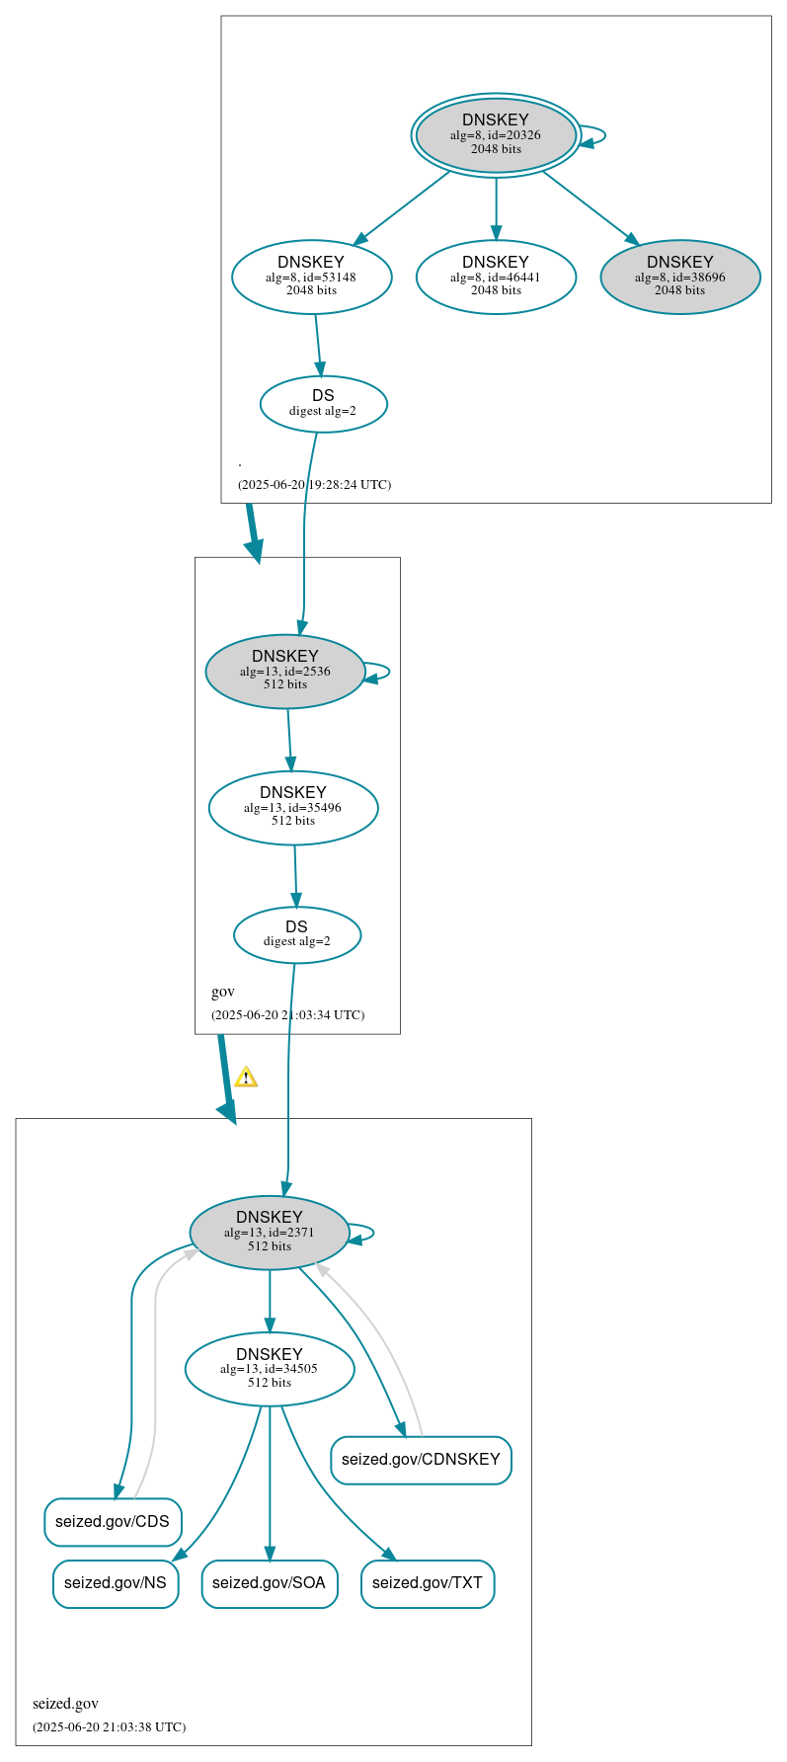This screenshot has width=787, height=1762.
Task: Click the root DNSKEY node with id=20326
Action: [496, 135]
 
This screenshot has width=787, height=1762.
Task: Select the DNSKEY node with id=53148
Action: [311, 277]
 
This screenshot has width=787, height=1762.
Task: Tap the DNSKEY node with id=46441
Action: [496, 277]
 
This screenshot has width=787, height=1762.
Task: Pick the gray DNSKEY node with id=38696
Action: [679, 277]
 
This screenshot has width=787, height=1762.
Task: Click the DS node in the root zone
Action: [323, 403]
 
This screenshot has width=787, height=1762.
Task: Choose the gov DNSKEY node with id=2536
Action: [284, 671]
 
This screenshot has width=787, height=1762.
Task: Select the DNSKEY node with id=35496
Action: [293, 807]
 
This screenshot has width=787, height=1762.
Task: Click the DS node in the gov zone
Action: [296, 934]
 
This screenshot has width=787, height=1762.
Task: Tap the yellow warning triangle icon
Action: [246, 1077]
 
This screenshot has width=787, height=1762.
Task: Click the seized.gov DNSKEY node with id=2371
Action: [269, 1232]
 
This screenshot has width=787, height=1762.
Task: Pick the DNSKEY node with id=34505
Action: [269, 1368]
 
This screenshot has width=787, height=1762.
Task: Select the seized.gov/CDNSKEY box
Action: [421, 1459]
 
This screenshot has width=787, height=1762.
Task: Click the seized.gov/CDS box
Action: [113, 1521]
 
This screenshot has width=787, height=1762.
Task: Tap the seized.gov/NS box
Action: [116, 1582]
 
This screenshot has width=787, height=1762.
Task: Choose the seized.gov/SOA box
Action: [269, 1582]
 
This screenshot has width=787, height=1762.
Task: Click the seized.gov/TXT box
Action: [428, 1582]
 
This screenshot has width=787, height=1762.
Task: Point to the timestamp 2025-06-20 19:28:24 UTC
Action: [314, 484]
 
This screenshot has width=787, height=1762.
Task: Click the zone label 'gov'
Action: [223, 992]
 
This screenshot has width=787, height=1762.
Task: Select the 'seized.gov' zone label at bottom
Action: [65, 1703]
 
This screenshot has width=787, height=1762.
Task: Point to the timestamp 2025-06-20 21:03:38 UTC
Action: [109, 1726]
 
